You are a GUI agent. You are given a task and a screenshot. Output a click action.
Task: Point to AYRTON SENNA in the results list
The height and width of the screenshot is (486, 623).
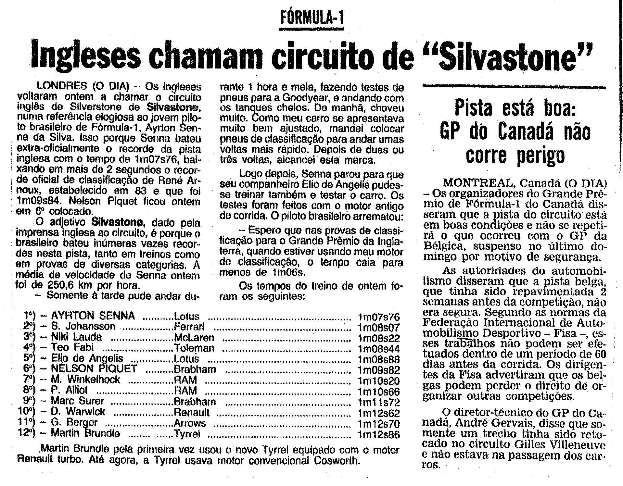(93, 316)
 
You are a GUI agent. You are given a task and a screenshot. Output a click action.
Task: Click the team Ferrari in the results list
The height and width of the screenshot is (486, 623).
(189, 327)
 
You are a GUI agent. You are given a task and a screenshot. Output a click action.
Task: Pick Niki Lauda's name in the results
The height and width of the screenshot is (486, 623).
(76, 337)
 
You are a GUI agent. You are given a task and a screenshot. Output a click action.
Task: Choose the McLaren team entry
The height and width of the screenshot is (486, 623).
(194, 337)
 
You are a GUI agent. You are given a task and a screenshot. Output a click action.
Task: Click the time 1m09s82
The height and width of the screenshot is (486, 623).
(378, 370)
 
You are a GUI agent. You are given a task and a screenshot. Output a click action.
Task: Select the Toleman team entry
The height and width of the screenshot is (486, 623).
(194, 348)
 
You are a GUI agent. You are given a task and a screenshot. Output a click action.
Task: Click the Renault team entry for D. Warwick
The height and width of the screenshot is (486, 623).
(192, 412)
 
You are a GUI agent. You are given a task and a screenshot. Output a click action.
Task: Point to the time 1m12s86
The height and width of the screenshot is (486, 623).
(378, 435)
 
